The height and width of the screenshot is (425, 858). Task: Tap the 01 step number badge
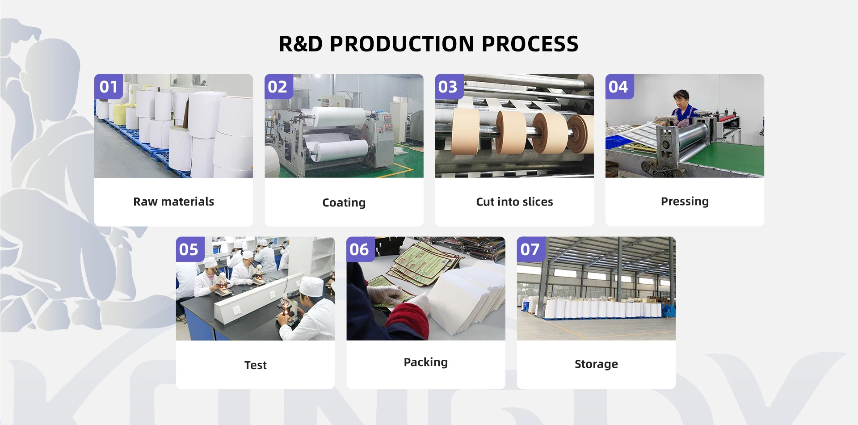coord(109,87)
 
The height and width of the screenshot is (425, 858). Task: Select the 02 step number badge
coord(278,87)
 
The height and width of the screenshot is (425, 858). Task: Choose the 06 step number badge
coord(359,249)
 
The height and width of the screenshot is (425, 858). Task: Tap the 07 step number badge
coord(530,249)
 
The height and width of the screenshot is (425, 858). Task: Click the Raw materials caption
coord(173,202)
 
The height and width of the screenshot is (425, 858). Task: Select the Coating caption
coord(344,202)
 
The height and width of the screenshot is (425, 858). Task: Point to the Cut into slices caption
coord(514,202)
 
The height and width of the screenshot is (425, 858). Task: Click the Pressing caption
coord(685,202)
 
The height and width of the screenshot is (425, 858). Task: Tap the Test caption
coord(255,365)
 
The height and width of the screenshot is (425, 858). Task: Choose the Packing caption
coord(425,362)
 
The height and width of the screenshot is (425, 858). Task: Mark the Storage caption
coord(596,364)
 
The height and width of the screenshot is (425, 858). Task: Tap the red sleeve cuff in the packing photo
coord(406,319)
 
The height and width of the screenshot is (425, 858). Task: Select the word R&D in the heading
coord(300,44)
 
